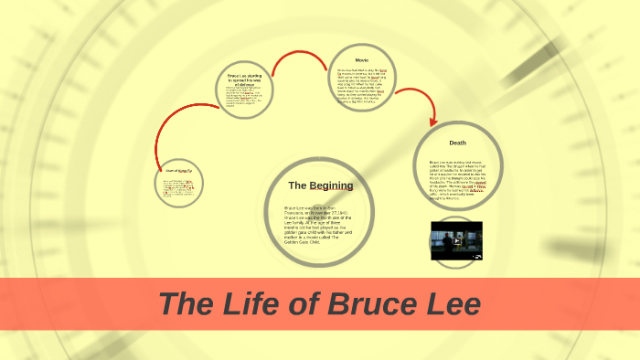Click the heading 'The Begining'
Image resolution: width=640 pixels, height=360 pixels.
click(x=320, y=185)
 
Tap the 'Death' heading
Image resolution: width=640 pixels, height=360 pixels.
click(x=457, y=143)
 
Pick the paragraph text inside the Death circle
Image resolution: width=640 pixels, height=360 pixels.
click(x=457, y=178)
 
